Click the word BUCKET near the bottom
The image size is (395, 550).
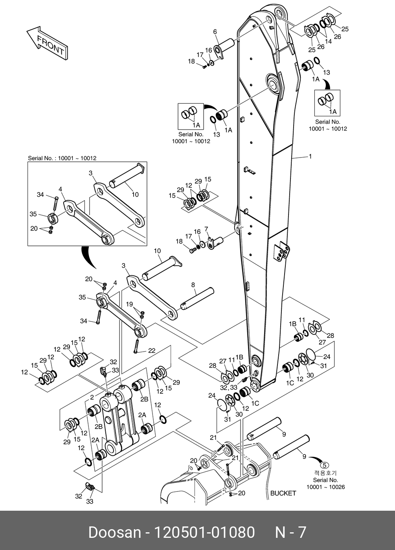(283, 493)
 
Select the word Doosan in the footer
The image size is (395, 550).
(114, 532)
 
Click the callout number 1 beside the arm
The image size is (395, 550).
(310, 156)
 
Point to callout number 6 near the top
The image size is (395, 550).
(215, 31)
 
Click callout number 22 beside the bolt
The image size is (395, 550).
(151, 351)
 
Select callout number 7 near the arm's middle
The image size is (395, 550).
(206, 229)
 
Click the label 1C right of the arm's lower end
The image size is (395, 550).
(290, 383)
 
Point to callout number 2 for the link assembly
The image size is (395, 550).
(92, 397)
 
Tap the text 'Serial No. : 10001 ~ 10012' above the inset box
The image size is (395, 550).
(62, 158)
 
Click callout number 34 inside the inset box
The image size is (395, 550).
(40, 194)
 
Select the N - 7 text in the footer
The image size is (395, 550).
(290, 532)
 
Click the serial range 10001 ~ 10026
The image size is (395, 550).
(325, 487)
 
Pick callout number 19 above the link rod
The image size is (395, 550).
(129, 304)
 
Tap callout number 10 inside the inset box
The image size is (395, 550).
(135, 194)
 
